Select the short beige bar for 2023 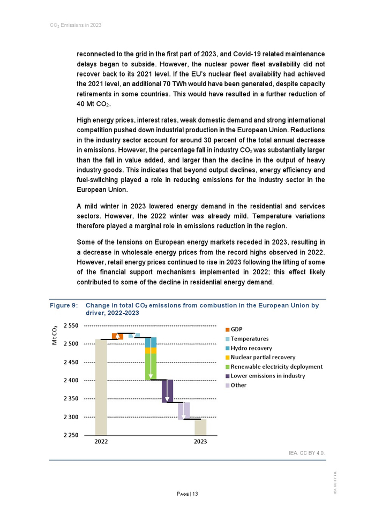[200, 427]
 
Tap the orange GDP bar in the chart [117, 336]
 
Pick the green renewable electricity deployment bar [151, 367]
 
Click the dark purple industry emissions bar [168, 391]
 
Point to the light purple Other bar [184, 411]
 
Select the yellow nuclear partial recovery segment [151, 351]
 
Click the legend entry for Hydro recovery [251, 348]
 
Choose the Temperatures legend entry [249, 339]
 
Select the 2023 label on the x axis [200, 442]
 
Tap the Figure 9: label [64, 306]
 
